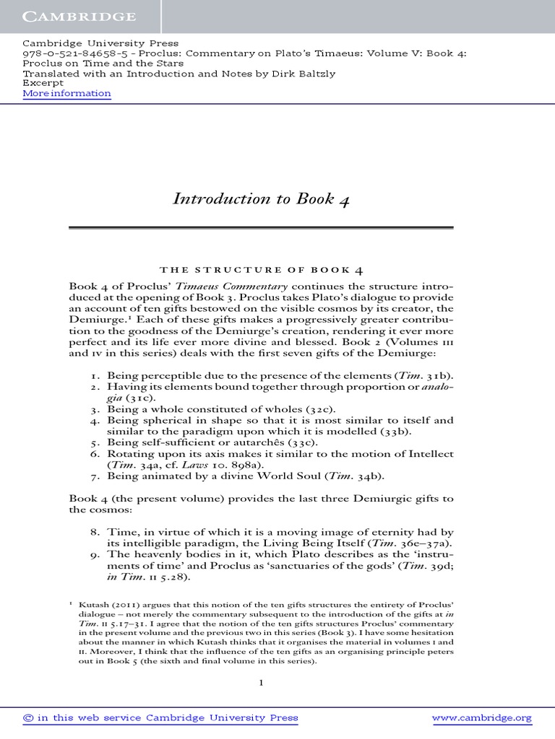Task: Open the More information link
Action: (x=66, y=94)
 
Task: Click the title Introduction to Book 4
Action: (x=261, y=198)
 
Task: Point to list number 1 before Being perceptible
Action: (x=95, y=375)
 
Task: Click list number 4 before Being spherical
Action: (x=95, y=420)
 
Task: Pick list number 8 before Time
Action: (x=95, y=532)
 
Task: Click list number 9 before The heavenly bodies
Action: (x=95, y=554)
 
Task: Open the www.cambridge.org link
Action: (x=481, y=717)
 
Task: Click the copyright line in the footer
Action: (x=160, y=717)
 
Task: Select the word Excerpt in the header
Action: (x=43, y=83)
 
